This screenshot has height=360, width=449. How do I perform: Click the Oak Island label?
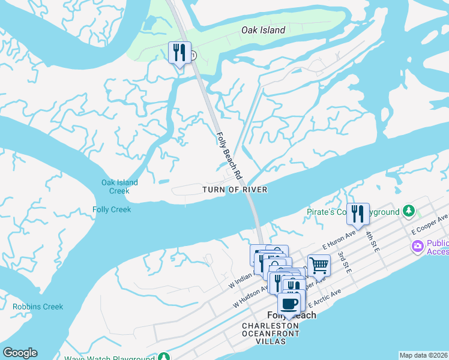click(x=263, y=30)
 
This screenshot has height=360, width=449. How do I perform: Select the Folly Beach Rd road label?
click(x=229, y=156)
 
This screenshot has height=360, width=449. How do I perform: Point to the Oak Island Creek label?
click(x=119, y=187)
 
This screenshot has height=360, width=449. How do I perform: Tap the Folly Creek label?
click(x=112, y=209)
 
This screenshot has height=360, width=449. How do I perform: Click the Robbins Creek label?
click(x=37, y=307)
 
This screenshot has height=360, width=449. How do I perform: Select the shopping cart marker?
click(x=319, y=265)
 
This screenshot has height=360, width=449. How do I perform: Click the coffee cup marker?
click(x=289, y=302)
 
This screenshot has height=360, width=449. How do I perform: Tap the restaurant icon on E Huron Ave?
click(x=358, y=213)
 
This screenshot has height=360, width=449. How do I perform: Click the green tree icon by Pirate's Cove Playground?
click(x=409, y=211)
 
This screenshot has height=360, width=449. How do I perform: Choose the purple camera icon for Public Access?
click(x=417, y=247)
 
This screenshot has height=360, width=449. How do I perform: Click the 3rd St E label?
click(x=344, y=262)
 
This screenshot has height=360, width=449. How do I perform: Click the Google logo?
click(x=20, y=353)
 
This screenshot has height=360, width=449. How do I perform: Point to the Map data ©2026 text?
click(x=423, y=355)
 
